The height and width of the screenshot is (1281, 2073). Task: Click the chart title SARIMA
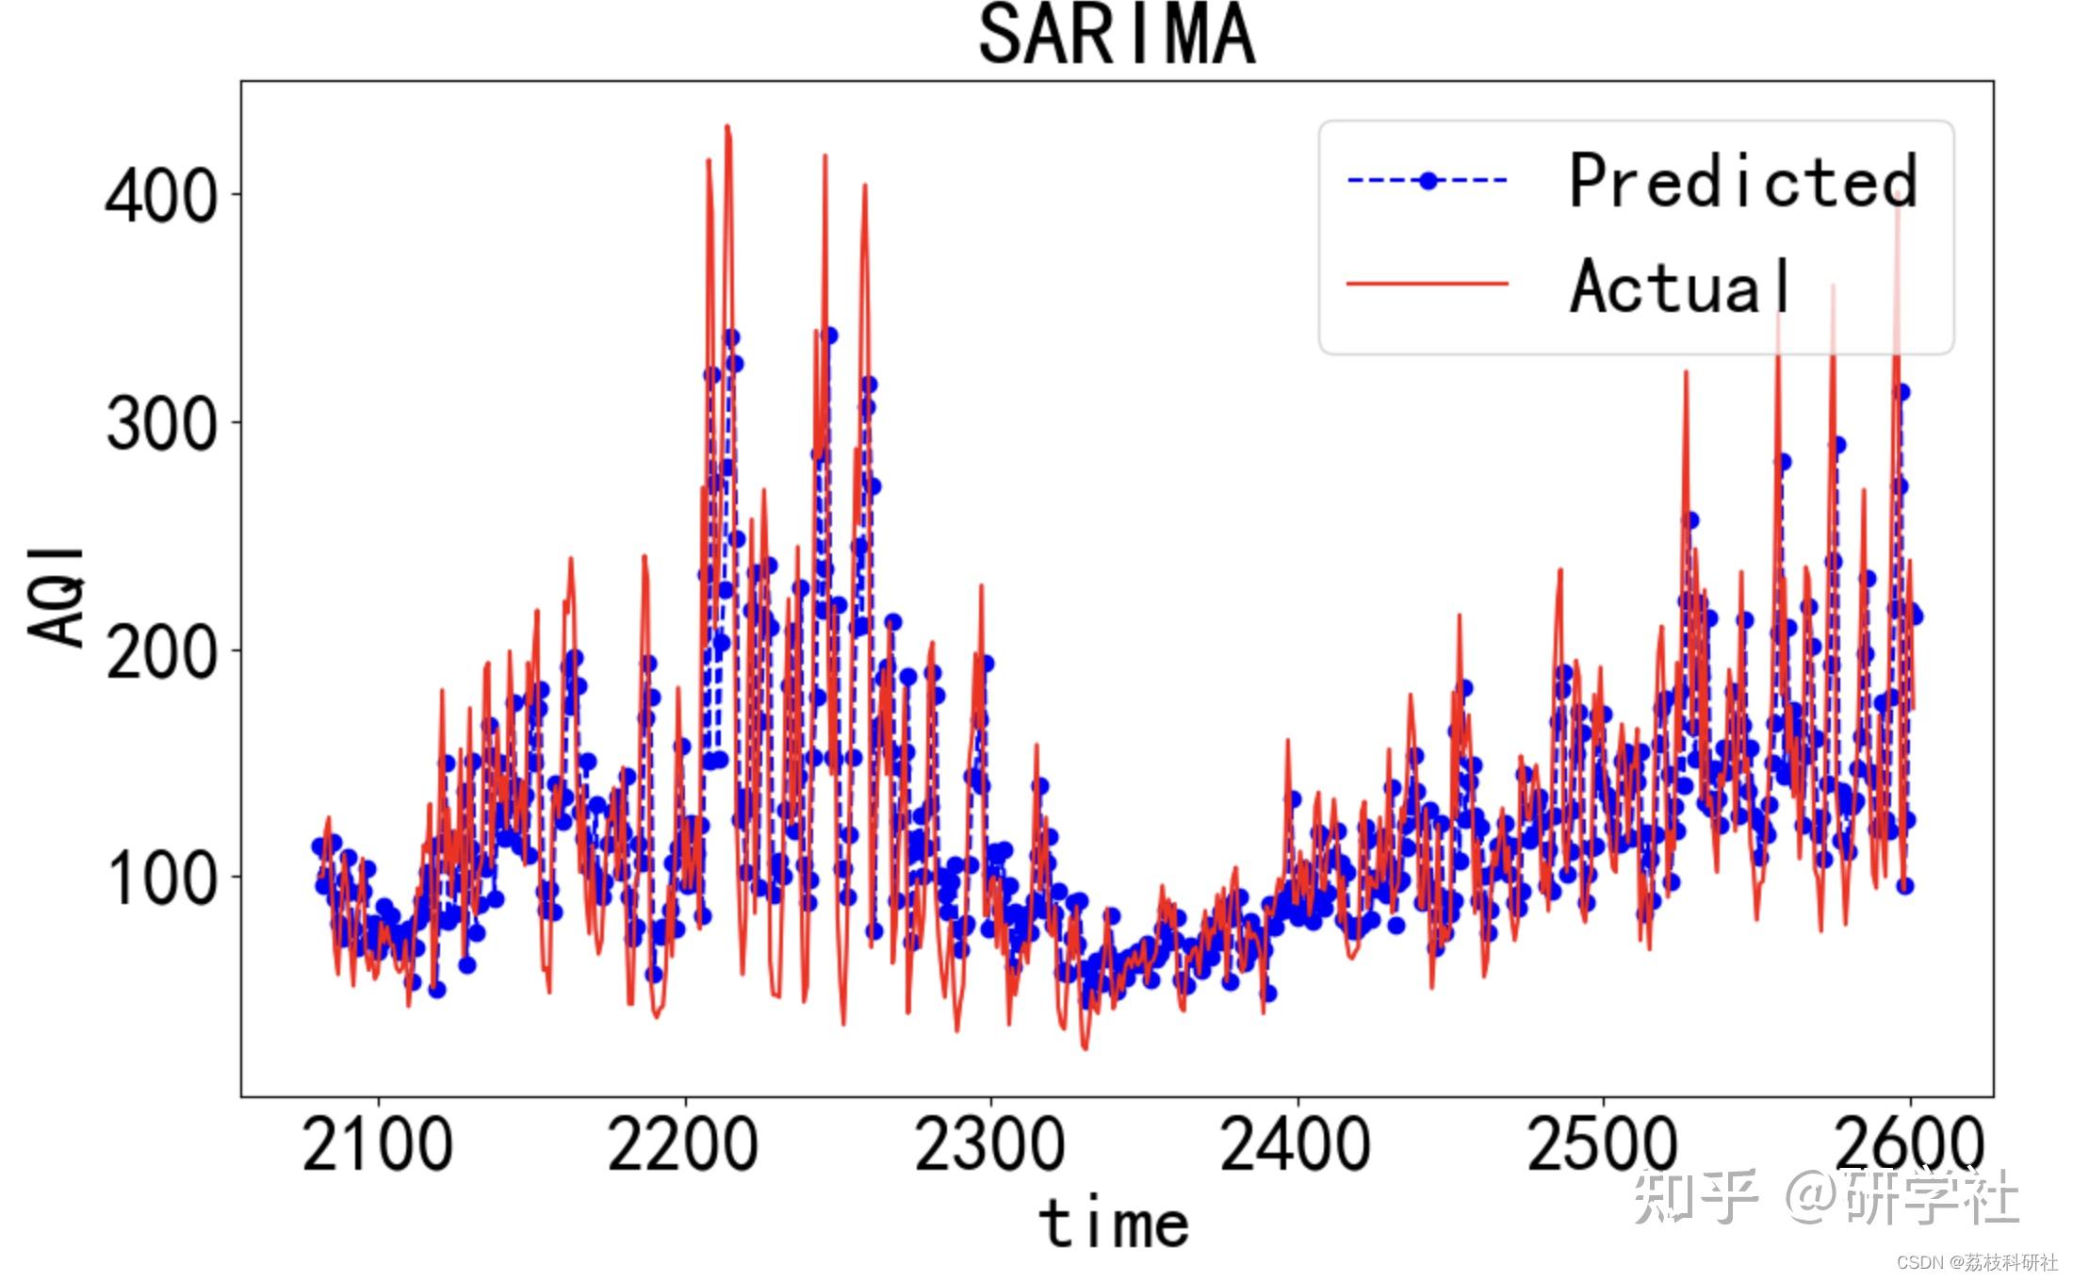coord(1117,36)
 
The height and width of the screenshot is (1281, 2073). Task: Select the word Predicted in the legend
coord(1742,181)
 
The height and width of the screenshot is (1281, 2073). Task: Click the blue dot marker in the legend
coord(1428,181)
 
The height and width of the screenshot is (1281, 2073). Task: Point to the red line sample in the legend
coord(1428,283)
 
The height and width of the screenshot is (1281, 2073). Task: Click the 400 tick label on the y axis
coord(160,197)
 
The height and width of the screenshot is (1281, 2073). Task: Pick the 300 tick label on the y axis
coord(160,424)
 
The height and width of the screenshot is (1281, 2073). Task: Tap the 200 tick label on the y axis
coord(160,651)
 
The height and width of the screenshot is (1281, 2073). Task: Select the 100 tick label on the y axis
coord(160,879)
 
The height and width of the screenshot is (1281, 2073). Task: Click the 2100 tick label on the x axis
coord(378,1144)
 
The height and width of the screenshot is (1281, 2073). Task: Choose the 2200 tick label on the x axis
coord(684,1144)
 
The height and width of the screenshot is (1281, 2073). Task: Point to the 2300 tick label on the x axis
coord(990,1144)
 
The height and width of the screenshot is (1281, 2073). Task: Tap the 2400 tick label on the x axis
coord(1297,1144)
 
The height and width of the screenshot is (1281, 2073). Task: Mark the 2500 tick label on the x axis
coord(1603,1144)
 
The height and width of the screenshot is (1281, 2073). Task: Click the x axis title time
coord(1114,1223)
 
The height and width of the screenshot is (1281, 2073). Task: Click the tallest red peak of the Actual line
coord(727,126)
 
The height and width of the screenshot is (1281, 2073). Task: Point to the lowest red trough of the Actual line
coord(1085,1047)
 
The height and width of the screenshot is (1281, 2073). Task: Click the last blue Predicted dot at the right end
coord(1915,616)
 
